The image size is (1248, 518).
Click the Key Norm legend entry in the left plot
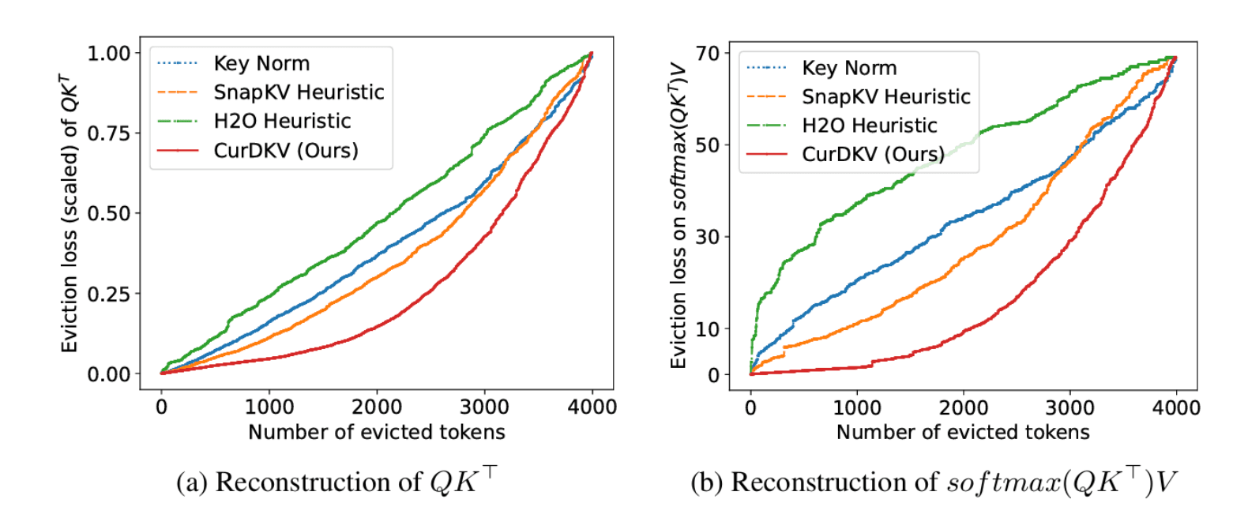coord(261,63)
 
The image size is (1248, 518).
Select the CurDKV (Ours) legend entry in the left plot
coord(285,150)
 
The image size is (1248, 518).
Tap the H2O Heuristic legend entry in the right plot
coord(869,126)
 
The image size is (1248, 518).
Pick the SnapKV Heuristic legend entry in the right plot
coord(885,97)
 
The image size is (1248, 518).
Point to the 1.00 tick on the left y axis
coord(108,53)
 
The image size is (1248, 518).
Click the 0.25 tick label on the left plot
coord(108,294)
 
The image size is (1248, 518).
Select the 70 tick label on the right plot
coord(708,53)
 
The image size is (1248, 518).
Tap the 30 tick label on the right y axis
coord(708,237)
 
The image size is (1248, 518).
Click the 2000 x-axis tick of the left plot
coord(376,407)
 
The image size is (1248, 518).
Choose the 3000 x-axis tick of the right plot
coord(1069,407)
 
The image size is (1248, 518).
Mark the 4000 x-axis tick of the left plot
coord(592,407)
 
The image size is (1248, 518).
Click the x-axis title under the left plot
coord(376,432)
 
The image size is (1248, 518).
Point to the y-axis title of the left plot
coord(70,213)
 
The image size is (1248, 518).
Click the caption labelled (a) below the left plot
coord(336,481)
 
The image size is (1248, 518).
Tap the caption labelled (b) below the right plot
coord(934,482)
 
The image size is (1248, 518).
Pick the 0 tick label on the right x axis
coord(750,407)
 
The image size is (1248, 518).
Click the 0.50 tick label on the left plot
coord(108,213)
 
